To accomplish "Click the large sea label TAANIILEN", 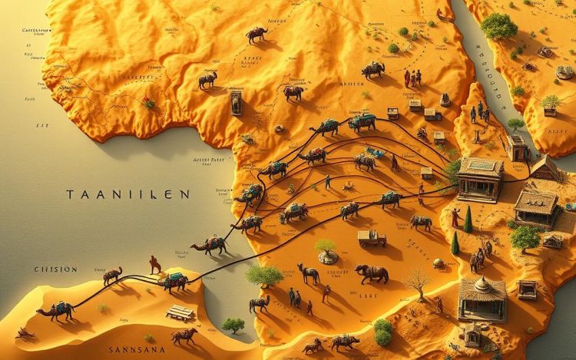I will (x=127, y=195).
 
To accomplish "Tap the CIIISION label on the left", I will (x=55, y=269).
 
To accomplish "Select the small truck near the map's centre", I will (x=372, y=239).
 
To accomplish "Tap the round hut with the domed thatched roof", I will (x=482, y=297).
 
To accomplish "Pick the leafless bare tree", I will (x=418, y=280).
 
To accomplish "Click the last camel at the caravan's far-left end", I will (x=55, y=310).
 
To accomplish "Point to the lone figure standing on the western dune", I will (x=155, y=264).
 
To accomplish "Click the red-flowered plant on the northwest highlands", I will (x=148, y=102).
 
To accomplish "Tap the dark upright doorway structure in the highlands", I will (x=236, y=101).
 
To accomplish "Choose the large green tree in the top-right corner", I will (x=499, y=26).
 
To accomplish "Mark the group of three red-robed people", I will (x=413, y=78).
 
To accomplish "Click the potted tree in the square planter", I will (x=550, y=104).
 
